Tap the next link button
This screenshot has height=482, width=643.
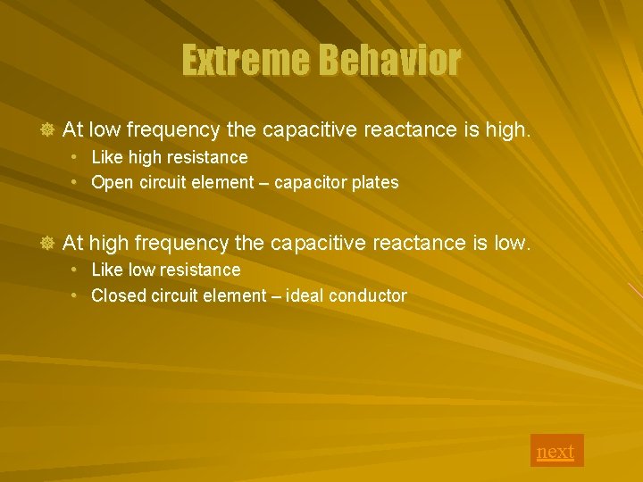tap(555, 451)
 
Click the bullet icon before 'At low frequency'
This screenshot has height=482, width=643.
tap(48, 131)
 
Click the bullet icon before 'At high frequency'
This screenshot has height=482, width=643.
tap(48, 244)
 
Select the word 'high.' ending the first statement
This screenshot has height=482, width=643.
tap(508, 130)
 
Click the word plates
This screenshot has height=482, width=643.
tap(374, 183)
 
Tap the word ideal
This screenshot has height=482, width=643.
tap(305, 295)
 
